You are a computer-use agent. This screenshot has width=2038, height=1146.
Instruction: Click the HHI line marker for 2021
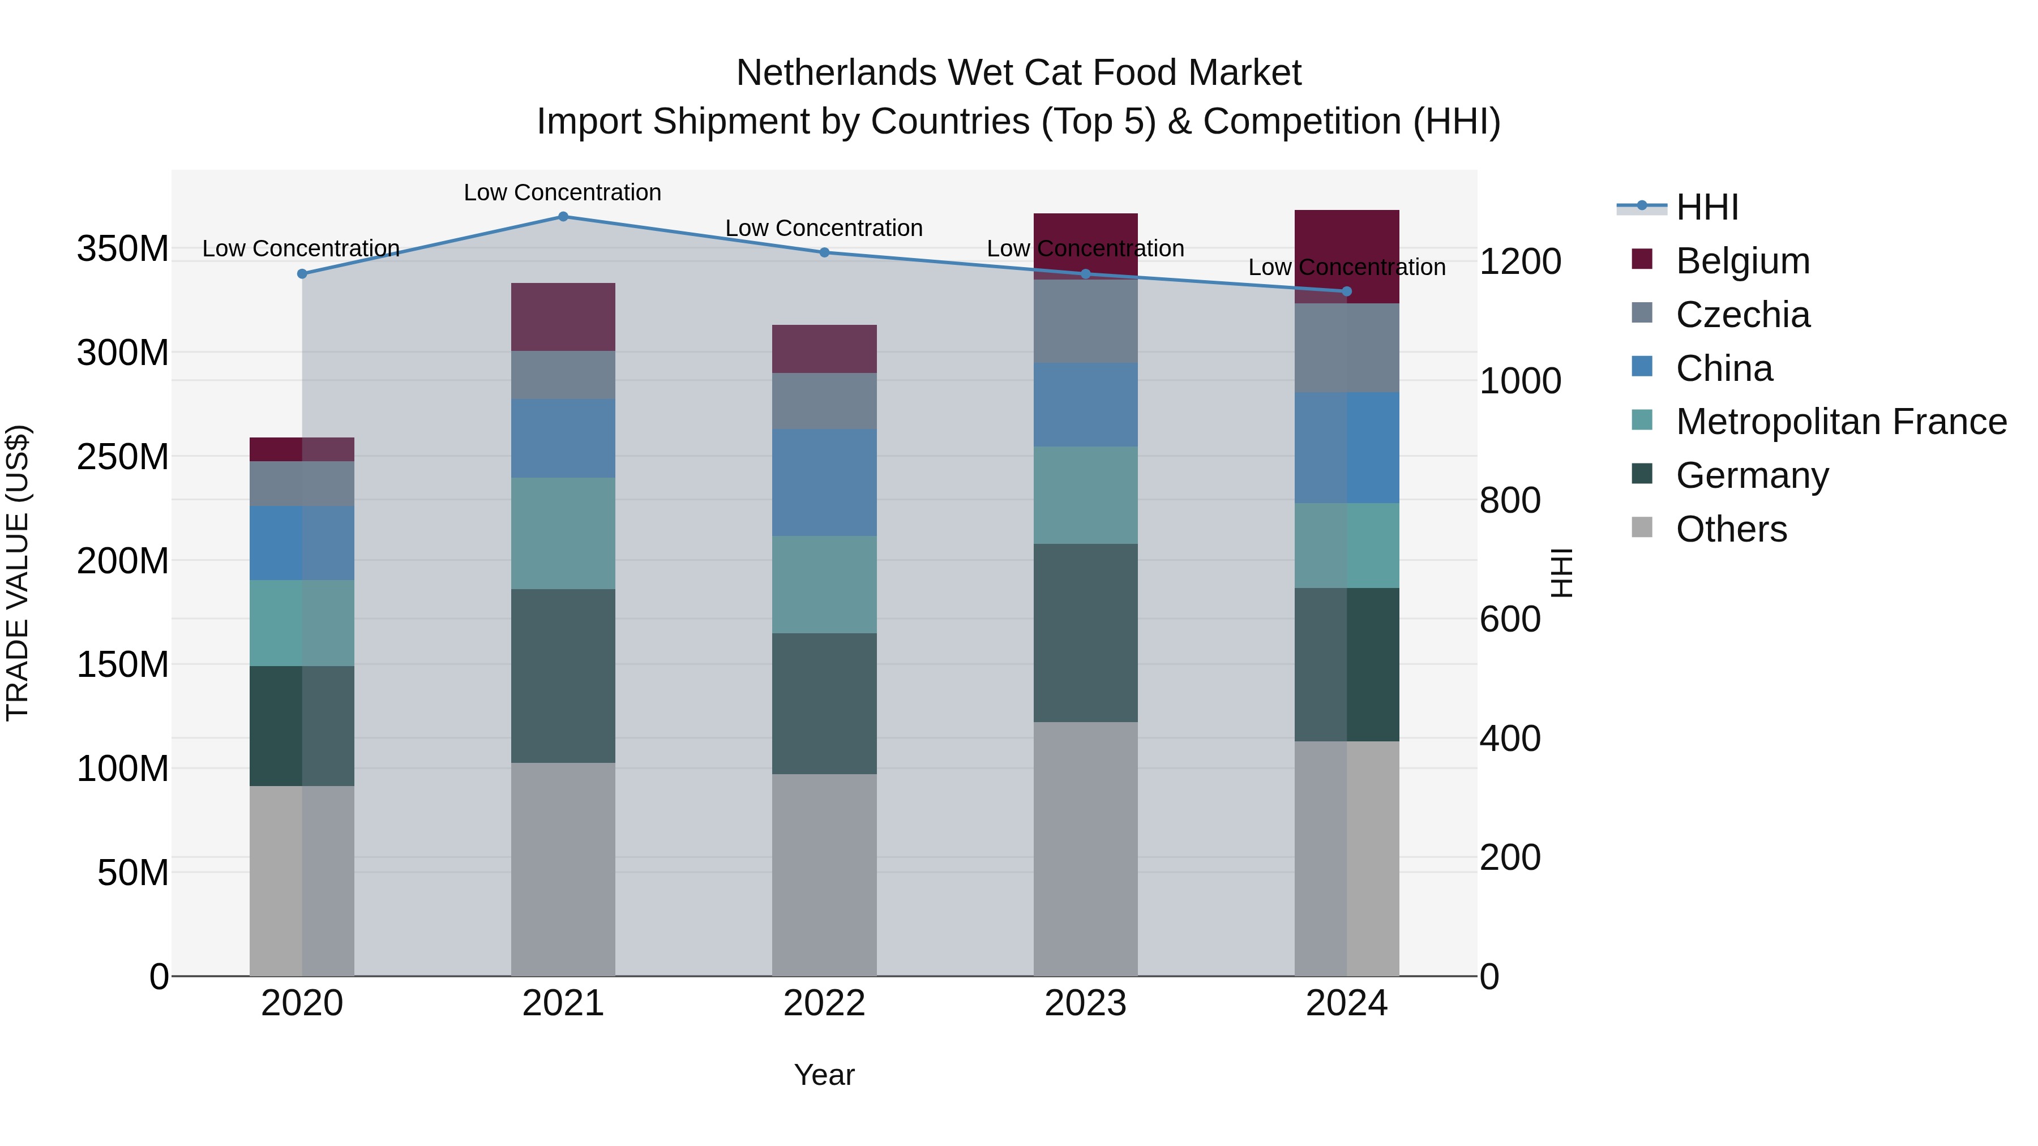tap(563, 217)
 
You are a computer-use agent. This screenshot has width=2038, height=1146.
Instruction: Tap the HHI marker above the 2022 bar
tap(824, 253)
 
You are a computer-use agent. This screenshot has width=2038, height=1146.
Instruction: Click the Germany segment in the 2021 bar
tap(563, 676)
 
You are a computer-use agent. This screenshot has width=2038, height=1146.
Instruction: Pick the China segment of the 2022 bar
tap(824, 482)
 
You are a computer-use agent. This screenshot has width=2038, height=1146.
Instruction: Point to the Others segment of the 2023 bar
tap(1085, 849)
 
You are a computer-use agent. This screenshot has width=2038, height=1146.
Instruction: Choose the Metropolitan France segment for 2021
tap(563, 533)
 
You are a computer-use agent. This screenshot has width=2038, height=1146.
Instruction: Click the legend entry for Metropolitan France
tap(1841, 422)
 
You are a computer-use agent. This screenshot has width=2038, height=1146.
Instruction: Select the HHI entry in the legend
tap(1707, 207)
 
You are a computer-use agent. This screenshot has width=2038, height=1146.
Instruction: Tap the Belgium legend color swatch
tap(1642, 259)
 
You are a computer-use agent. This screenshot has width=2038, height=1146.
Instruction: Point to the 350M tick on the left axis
tap(123, 249)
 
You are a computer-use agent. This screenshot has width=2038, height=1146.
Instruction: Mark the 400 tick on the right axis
tap(1509, 739)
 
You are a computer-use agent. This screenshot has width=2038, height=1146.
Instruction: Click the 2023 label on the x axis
tap(1085, 1003)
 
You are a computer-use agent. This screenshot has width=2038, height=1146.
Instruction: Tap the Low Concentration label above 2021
tap(563, 192)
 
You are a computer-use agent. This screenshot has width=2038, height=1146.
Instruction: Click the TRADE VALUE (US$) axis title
tap(18, 573)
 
